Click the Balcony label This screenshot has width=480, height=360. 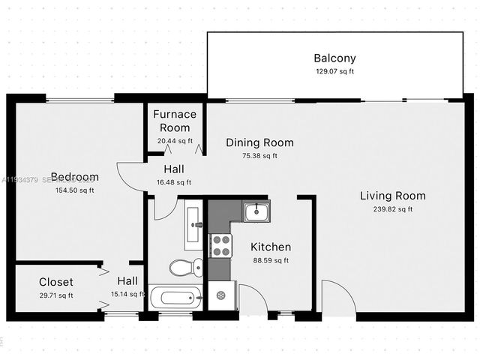pos(334,58)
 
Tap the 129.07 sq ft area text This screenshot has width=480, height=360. pos(334,71)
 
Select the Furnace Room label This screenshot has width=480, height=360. pos(175,121)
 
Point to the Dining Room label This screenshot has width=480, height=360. pos(259,142)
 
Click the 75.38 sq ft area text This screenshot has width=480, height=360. pos(259,156)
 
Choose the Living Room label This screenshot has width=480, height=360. pos(392,196)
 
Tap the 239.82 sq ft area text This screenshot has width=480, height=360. pos(392,209)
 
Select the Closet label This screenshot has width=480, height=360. pos(56,282)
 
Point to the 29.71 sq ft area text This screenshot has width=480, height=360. pos(56,295)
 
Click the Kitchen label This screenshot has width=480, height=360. pos(270,247)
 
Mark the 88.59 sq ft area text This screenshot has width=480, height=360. pos(270,260)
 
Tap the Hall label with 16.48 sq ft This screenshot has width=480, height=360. pos(173,169)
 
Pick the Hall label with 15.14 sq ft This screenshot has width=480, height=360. pos(126,280)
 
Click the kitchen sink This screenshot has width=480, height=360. pos(257,211)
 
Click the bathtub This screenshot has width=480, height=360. pos(175,298)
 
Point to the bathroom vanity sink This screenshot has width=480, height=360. pos(193,223)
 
